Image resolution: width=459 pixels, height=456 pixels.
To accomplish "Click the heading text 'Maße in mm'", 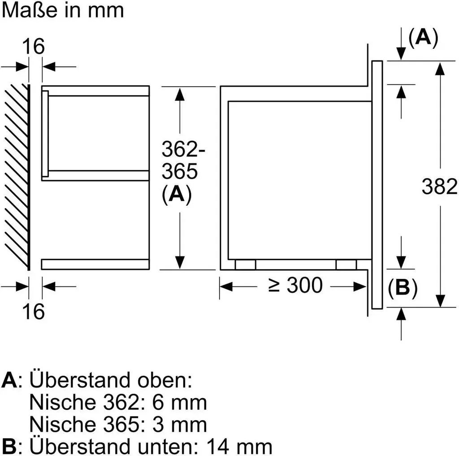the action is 63,11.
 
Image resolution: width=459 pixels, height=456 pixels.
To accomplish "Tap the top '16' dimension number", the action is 33,46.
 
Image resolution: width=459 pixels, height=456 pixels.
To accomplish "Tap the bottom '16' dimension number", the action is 33,311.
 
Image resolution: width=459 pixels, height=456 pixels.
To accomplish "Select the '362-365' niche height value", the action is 183,160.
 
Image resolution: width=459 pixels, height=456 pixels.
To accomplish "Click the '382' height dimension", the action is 439,186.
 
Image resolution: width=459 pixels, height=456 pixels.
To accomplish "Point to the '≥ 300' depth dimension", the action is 295,285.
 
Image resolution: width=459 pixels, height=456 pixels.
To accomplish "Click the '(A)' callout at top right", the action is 423,38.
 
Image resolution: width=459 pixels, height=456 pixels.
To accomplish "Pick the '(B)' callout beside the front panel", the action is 403,288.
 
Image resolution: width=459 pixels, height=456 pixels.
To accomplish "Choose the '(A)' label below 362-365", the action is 177,194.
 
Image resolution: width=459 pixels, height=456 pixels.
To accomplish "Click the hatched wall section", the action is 17,177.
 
